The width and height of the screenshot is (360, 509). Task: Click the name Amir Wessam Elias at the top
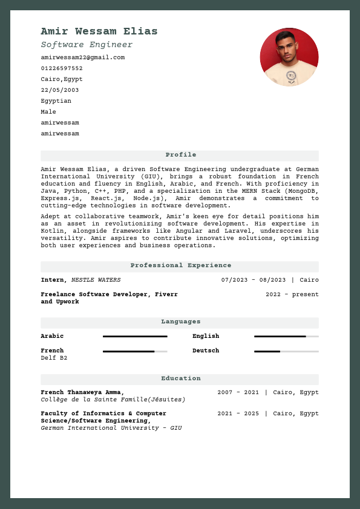[x=99, y=31]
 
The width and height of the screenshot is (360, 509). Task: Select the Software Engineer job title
[x=87, y=45]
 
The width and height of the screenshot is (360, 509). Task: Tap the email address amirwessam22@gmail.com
[x=82, y=57]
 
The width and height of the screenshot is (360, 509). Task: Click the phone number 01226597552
[x=62, y=68]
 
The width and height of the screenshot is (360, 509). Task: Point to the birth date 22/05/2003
[x=59, y=90]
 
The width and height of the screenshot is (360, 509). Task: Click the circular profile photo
[x=289, y=57]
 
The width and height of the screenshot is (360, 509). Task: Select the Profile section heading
[x=180, y=155]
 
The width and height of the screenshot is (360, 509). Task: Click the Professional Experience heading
[x=180, y=265]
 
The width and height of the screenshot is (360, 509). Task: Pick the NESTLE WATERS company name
[x=96, y=280]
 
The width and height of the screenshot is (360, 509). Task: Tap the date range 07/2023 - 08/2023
[x=254, y=280]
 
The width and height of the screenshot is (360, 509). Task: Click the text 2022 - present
[x=292, y=294]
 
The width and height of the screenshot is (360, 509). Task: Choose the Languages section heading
[x=180, y=322]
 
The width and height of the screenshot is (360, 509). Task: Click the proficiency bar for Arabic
[x=135, y=336]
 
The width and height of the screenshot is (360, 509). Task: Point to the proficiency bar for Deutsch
[x=286, y=351]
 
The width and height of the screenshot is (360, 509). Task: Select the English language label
[x=206, y=336]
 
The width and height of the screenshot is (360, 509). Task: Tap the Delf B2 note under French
[x=54, y=358]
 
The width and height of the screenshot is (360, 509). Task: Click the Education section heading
[x=180, y=378]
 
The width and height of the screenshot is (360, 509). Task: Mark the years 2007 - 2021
[x=238, y=392]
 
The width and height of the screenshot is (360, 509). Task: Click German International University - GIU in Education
[x=111, y=428]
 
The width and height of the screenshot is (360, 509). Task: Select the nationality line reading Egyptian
[x=56, y=101]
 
